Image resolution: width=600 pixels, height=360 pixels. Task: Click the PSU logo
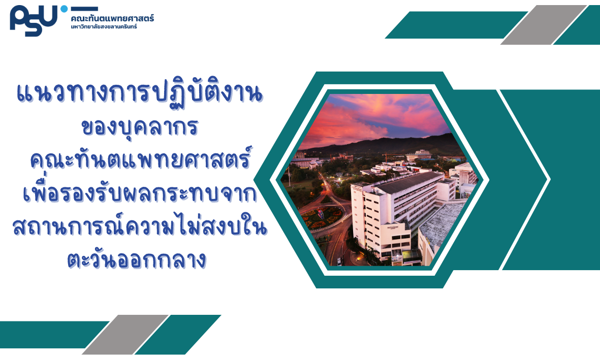pos(34,21)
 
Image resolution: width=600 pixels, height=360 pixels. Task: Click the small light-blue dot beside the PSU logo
pos(64,9)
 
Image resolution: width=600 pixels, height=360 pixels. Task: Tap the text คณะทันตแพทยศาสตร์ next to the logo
pos(112,18)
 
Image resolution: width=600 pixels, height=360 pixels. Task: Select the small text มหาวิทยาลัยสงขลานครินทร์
pos(104,27)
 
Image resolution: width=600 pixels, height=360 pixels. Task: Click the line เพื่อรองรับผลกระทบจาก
pos(140,192)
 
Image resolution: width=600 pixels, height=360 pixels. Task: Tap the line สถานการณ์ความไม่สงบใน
pos(140,226)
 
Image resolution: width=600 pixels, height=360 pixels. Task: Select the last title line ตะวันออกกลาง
pos(137,260)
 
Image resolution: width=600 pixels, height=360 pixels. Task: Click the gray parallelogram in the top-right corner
pos(544,25)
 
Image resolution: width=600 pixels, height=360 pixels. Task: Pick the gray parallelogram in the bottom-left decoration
pos(125,335)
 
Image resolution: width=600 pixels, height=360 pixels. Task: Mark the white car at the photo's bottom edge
pos(339,261)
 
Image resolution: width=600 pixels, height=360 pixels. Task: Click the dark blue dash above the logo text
pos(84,9)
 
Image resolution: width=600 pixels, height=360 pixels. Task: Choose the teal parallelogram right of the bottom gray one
pos(178,335)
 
